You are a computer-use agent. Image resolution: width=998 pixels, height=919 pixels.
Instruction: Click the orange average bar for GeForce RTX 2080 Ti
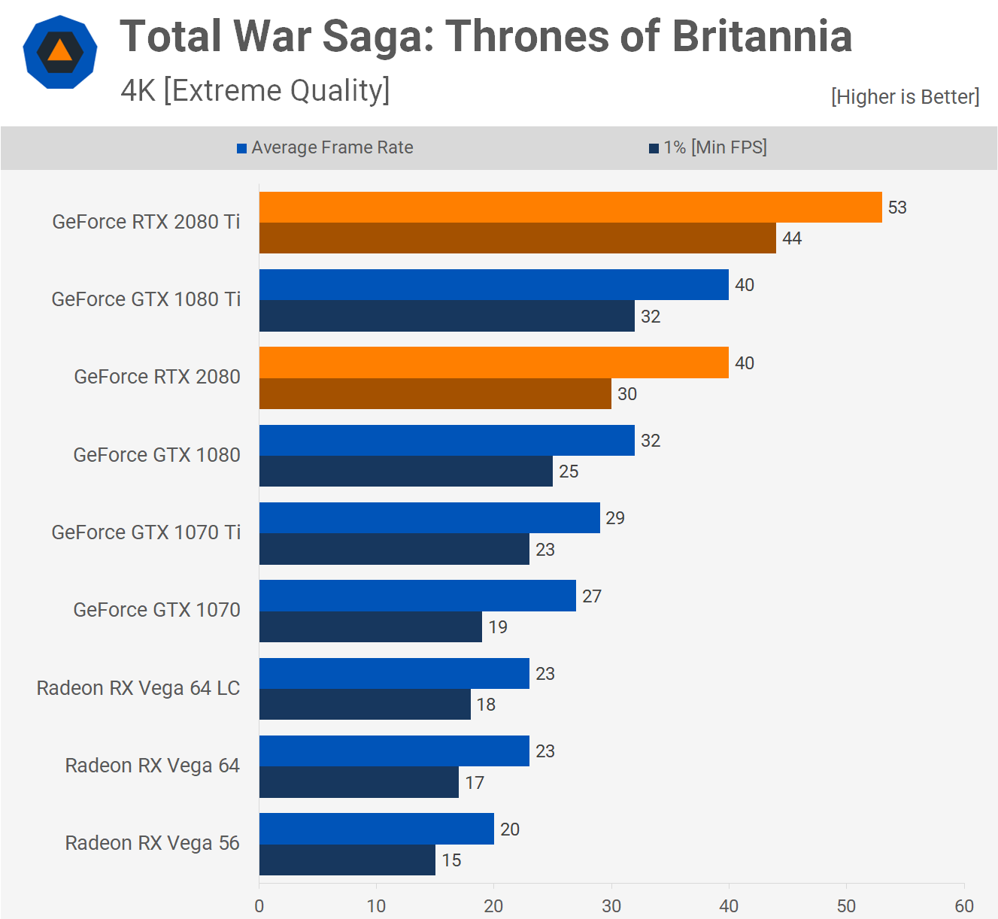tap(570, 207)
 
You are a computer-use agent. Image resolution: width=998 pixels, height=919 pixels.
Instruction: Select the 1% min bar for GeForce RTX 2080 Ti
tap(517, 238)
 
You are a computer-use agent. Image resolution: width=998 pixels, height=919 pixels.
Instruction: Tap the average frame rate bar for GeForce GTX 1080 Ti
tap(493, 285)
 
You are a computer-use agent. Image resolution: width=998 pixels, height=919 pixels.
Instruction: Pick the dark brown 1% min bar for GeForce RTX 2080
tap(435, 394)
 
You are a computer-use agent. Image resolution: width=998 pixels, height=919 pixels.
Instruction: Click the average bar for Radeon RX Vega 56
tap(376, 829)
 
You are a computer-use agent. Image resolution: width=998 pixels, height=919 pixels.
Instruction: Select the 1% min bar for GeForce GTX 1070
tap(370, 627)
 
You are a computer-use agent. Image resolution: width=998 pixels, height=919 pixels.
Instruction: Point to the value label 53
tap(897, 208)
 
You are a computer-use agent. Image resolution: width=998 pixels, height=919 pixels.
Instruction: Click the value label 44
tap(792, 238)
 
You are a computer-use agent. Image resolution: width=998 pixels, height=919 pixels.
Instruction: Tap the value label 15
tap(451, 860)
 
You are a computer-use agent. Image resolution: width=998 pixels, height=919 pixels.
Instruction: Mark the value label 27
tap(592, 596)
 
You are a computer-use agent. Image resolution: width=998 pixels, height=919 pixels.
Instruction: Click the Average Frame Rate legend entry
tap(325, 147)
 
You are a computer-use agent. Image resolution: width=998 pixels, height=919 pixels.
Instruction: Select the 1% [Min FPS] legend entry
tap(708, 147)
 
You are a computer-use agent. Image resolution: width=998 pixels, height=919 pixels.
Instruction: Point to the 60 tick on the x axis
tap(964, 906)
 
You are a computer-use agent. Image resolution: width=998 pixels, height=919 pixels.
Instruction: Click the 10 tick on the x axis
tap(376, 906)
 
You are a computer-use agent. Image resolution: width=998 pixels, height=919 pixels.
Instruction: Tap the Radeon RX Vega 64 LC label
tap(138, 688)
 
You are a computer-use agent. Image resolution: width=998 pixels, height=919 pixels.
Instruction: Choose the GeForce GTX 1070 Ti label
tap(146, 532)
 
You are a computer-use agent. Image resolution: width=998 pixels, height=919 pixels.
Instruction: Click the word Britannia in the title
tap(762, 36)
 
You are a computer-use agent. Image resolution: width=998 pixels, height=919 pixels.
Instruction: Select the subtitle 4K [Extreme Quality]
tap(255, 91)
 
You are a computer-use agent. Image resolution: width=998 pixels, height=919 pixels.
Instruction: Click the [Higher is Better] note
tap(905, 97)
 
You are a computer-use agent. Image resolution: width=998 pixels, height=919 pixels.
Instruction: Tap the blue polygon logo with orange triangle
tap(60, 53)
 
